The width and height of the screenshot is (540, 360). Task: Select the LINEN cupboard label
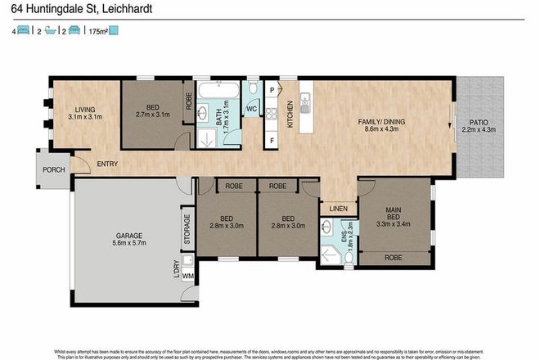click(337, 209)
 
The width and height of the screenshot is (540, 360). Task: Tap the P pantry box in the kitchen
click(271, 88)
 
